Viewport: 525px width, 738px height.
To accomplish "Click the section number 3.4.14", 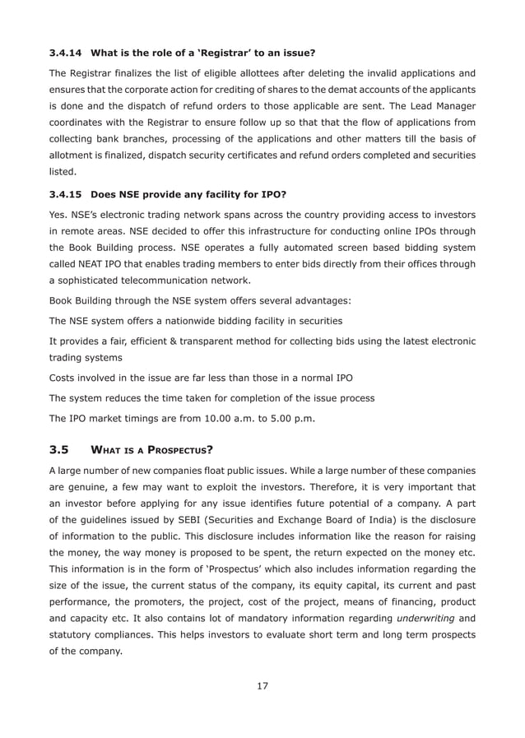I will click(x=66, y=53).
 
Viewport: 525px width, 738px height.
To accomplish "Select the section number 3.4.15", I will click(x=66, y=196).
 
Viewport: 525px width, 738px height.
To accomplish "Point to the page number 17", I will click(x=262, y=685).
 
